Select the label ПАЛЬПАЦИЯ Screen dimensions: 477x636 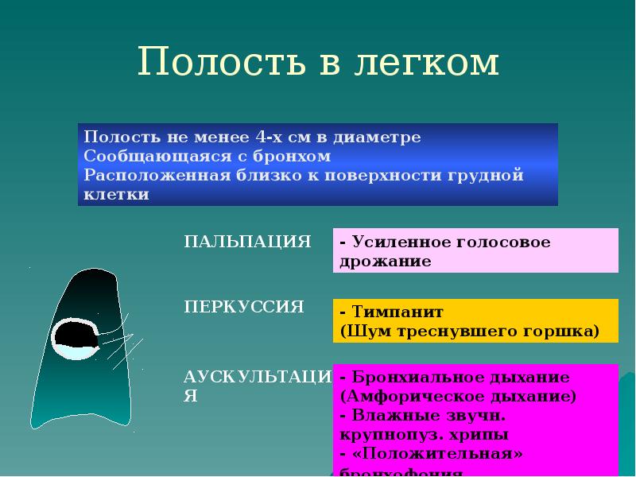pyautogui.click(x=247, y=242)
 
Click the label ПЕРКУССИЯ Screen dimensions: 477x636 pyautogui.click(x=244, y=307)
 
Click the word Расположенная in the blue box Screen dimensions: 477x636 pyautogui.click(x=139, y=176)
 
